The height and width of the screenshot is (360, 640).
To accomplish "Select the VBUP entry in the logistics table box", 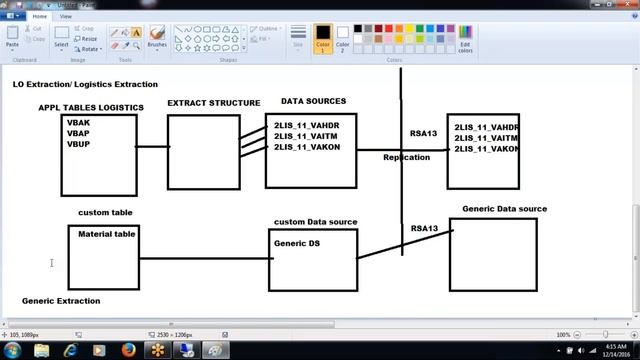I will coord(79,144).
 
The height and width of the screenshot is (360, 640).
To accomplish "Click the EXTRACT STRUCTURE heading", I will coord(213,103).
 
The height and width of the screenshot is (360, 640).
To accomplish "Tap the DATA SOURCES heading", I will coord(313,102).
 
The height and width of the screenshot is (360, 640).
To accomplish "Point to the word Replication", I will coord(406,157).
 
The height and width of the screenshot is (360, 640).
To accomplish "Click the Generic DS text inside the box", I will coord(297,243).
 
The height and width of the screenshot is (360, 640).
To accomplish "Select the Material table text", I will coord(107,234).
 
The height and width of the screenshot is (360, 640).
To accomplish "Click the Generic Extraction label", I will coord(61,301).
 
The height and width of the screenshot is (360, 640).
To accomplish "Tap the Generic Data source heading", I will coord(504,209).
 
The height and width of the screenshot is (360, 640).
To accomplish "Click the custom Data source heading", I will coord(315,222).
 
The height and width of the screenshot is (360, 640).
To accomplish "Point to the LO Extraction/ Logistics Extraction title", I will coord(85,85).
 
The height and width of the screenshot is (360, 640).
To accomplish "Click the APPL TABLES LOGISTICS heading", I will coord(91,108).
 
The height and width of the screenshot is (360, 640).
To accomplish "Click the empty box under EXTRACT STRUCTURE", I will coord(204,152).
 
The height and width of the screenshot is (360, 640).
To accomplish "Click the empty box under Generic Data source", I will coord(492,255).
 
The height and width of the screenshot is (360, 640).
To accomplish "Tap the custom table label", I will coord(105,213).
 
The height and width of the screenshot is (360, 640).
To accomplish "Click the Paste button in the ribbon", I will coord(12,39).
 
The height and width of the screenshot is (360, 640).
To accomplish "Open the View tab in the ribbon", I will coord(66,16).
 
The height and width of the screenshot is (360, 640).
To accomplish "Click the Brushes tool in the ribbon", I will coord(157,38).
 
